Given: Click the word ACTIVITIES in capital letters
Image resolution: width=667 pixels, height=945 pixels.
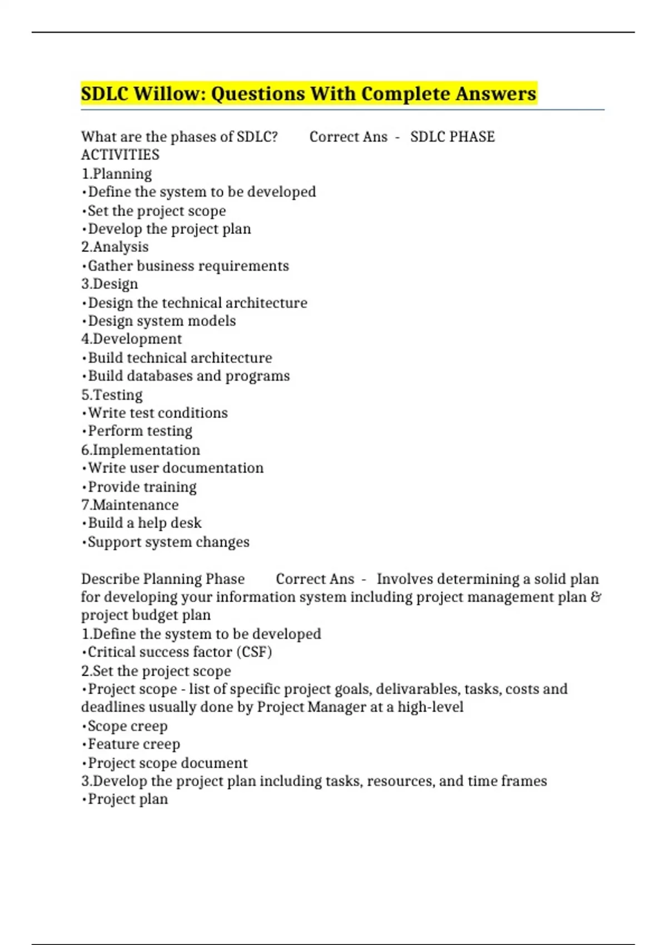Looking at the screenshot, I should (x=120, y=155).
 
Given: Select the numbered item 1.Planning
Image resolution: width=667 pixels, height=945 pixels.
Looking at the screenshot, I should (x=117, y=173).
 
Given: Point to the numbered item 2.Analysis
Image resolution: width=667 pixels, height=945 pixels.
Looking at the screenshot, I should (x=115, y=247).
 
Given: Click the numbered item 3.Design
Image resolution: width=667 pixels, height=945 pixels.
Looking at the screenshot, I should (x=109, y=283).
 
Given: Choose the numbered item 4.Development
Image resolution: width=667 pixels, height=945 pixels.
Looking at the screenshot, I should (x=132, y=339).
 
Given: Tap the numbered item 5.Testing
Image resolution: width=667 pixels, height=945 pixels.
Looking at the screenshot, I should (x=112, y=395).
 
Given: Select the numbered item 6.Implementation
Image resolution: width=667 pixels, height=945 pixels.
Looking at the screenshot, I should (x=141, y=450).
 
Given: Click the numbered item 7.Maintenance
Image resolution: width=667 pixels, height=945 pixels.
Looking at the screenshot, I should (x=130, y=505).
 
